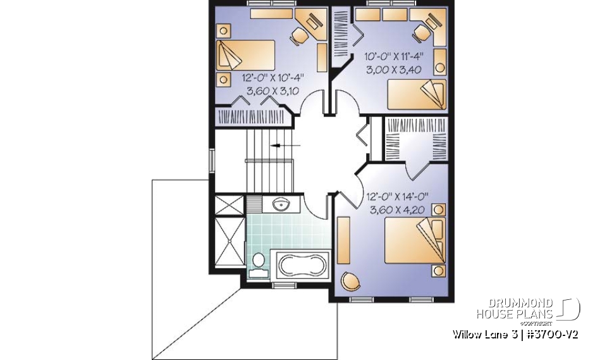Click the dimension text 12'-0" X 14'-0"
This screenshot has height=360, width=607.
396,197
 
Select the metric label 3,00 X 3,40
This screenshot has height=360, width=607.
393,70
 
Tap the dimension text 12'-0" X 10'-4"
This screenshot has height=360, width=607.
273,78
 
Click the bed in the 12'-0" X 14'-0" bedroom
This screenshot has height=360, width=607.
412,240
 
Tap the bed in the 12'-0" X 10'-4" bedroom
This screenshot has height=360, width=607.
246,56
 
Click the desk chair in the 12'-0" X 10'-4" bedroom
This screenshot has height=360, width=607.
300,35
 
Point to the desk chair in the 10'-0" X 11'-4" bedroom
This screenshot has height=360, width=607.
421,32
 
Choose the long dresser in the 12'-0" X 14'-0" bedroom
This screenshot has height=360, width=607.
345,241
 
